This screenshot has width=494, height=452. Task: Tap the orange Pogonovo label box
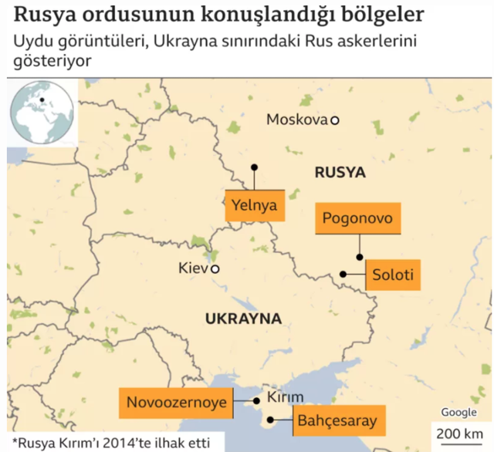357,218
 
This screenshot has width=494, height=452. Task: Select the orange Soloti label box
393,275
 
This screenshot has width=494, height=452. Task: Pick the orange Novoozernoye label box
177,402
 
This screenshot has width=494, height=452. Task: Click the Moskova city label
296,120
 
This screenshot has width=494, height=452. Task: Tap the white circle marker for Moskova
335,120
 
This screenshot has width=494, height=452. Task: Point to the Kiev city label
193,269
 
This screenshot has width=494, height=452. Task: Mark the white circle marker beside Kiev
215,269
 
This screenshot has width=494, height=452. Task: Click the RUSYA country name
340,173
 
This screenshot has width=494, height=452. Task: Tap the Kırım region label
286,398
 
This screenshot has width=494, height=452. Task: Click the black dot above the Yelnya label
254,167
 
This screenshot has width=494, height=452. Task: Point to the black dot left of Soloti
343,274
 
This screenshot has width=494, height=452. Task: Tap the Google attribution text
458,413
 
